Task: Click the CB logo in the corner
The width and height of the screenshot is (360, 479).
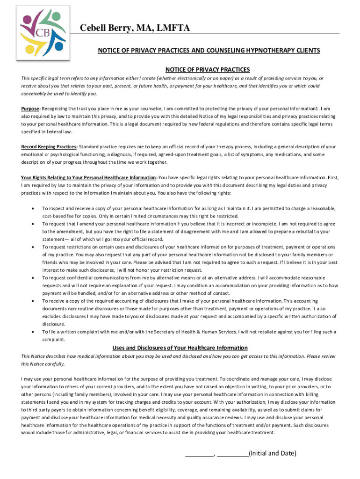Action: coord(43,32)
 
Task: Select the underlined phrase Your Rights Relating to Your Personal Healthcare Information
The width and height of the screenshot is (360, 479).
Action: coord(89,178)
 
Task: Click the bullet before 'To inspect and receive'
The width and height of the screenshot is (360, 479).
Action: coord(32,208)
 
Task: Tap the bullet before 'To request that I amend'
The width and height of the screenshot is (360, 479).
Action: coord(32,224)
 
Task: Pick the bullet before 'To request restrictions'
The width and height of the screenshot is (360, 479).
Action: coord(32,247)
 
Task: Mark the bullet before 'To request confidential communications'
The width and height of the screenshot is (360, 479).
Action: coord(32,278)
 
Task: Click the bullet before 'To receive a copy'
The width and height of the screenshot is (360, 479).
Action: coord(32,301)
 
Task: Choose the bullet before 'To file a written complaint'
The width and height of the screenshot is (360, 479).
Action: coord(32,332)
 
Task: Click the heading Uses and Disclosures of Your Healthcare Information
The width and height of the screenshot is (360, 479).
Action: coord(180,348)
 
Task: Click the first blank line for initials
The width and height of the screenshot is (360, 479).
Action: coord(199,454)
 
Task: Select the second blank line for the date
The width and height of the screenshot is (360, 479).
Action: coord(233,454)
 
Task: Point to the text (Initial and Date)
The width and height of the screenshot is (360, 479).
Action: coord(272,453)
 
